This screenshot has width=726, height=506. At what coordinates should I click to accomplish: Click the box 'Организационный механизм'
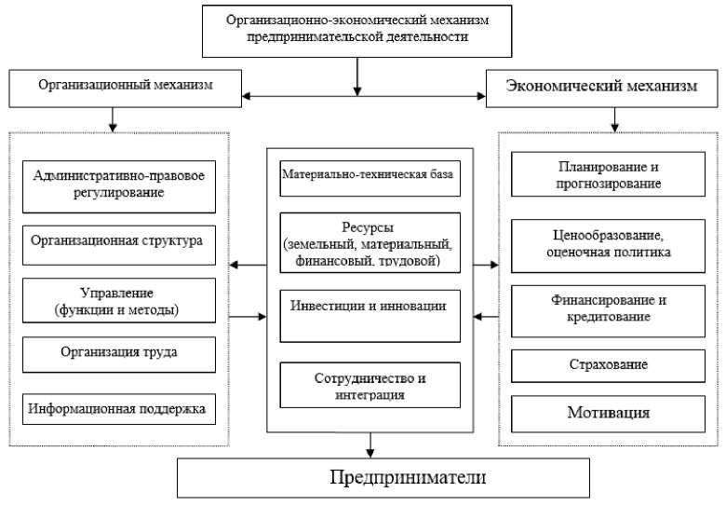(125, 86)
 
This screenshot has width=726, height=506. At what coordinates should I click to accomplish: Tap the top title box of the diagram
(357, 30)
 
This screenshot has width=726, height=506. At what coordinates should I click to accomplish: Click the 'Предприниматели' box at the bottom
(383, 478)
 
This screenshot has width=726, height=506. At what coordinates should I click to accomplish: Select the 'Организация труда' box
(117, 353)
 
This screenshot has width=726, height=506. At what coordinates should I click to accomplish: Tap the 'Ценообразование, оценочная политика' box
(610, 243)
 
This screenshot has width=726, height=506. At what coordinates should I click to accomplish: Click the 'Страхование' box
(610, 364)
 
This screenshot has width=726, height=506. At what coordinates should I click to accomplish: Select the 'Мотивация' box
(610, 412)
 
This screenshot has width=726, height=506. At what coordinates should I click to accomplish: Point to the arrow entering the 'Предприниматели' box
(371, 446)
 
